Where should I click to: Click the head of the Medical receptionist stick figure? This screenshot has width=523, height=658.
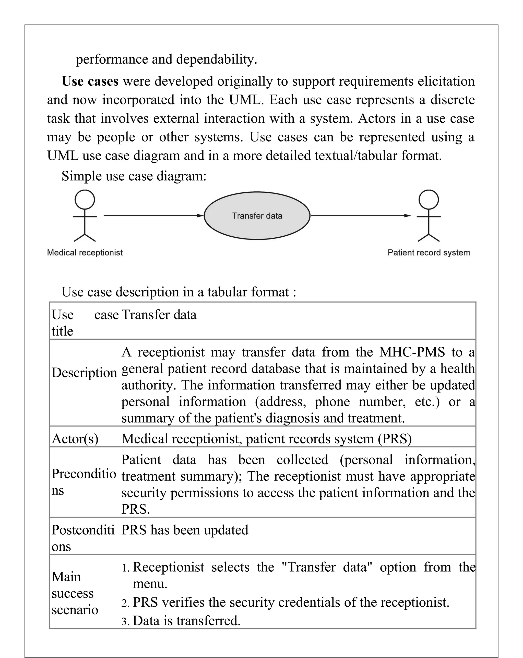(85, 200)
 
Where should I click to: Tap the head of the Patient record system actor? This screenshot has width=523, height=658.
(429, 200)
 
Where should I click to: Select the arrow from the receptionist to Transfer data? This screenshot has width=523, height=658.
(152, 216)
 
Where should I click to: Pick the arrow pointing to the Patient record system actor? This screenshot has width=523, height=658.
(360, 216)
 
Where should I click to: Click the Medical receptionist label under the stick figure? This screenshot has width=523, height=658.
(85, 253)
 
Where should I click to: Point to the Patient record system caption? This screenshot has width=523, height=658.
(429, 253)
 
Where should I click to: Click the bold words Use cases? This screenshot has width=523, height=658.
(90, 82)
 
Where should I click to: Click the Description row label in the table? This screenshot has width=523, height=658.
(84, 373)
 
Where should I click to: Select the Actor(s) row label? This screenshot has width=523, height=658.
(75, 439)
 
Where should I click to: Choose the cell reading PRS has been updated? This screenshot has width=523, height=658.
(185, 530)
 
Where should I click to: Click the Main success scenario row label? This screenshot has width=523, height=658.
(75, 593)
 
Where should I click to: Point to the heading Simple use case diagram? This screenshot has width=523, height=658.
(134, 176)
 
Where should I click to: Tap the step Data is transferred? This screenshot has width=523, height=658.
(186, 621)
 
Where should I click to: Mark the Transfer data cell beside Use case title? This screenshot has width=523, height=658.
(159, 315)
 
